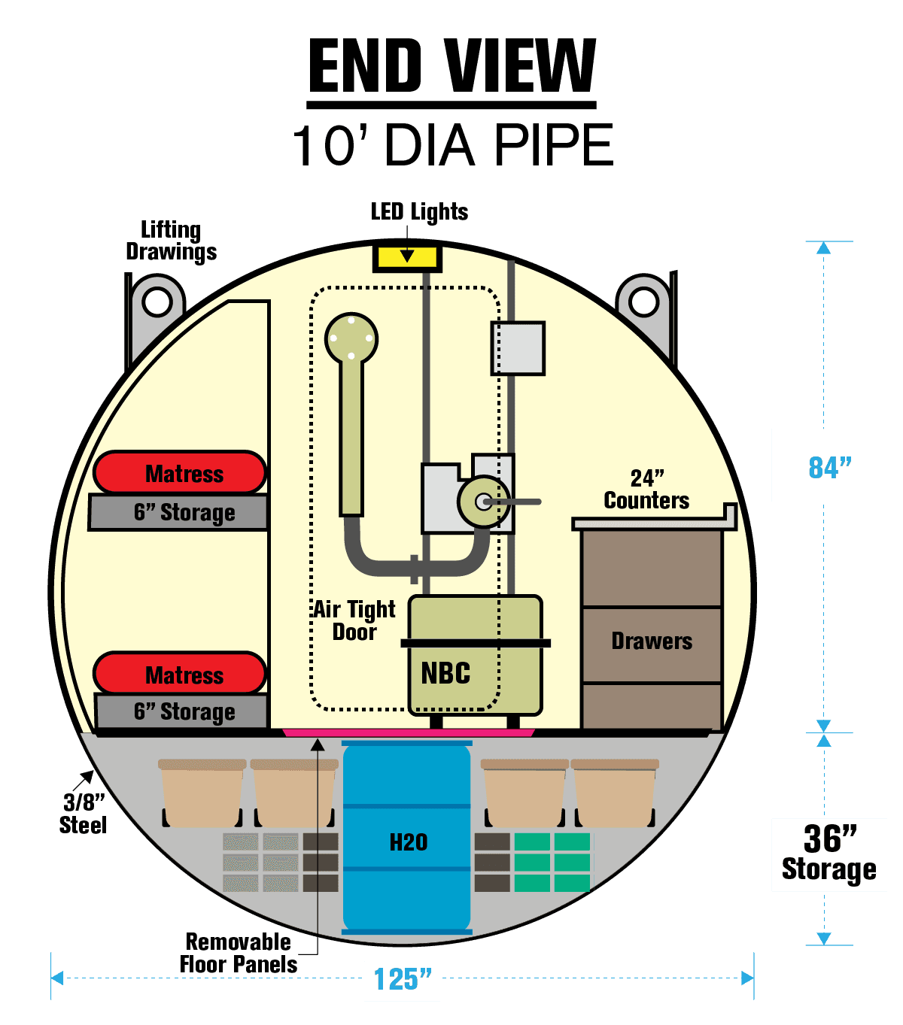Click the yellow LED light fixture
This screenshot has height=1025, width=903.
click(407, 257)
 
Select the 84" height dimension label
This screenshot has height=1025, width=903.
click(829, 466)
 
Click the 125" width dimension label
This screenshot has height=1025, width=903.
click(402, 979)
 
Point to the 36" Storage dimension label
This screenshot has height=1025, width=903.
click(829, 854)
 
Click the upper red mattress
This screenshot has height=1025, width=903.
click(181, 473)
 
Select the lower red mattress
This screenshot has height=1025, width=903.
click(181, 674)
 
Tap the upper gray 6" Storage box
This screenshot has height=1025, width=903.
click(179, 513)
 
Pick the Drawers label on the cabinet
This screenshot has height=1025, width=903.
click(652, 641)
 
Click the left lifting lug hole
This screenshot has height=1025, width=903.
click(157, 302)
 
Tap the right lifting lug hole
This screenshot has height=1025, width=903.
click(644, 302)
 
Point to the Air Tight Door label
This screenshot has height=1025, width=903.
click(354, 620)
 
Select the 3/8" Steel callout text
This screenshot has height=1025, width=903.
click(83, 814)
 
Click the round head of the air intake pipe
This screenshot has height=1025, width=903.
click(351, 338)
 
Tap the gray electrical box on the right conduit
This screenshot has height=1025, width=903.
click(518, 348)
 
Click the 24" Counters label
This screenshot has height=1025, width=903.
click(646, 490)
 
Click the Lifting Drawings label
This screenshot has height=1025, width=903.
click(171, 241)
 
